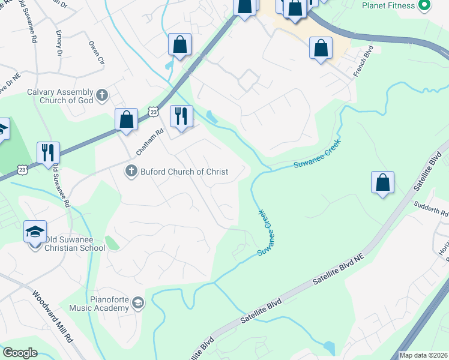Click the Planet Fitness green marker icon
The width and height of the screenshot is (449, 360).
pyautogui.click(x=425, y=5)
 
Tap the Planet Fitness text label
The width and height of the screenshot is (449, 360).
pyautogui.click(x=388, y=5)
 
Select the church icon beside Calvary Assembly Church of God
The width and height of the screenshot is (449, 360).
pyautogui.click(x=103, y=94)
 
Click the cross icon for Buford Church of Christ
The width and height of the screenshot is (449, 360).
pyautogui.click(x=131, y=172)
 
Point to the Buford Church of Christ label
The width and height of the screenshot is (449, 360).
pyautogui.click(x=184, y=172)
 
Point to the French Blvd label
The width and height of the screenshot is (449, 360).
pyautogui.click(x=363, y=61)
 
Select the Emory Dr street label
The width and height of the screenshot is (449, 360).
pyautogui.click(x=59, y=43)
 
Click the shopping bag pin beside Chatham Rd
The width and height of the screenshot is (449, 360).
pyautogui.click(x=127, y=119)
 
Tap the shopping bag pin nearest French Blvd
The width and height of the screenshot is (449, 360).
pyautogui.click(x=321, y=48)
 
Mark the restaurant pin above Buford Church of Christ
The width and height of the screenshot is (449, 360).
pyautogui.click(x=181, y=116)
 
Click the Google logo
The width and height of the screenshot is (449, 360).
pyautogui.click(x=19, y=353)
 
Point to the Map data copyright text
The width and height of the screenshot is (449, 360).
pyautogui.click(x=423, y=355)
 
